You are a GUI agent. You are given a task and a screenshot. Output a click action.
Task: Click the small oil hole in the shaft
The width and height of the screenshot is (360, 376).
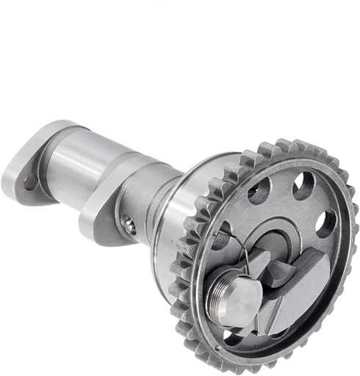pos(130,227)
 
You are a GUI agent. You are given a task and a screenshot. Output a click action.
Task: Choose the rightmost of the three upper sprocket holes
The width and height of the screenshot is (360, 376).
pos(325,223)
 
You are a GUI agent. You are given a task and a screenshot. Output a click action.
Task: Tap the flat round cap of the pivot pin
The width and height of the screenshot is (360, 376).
pos(240,297)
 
